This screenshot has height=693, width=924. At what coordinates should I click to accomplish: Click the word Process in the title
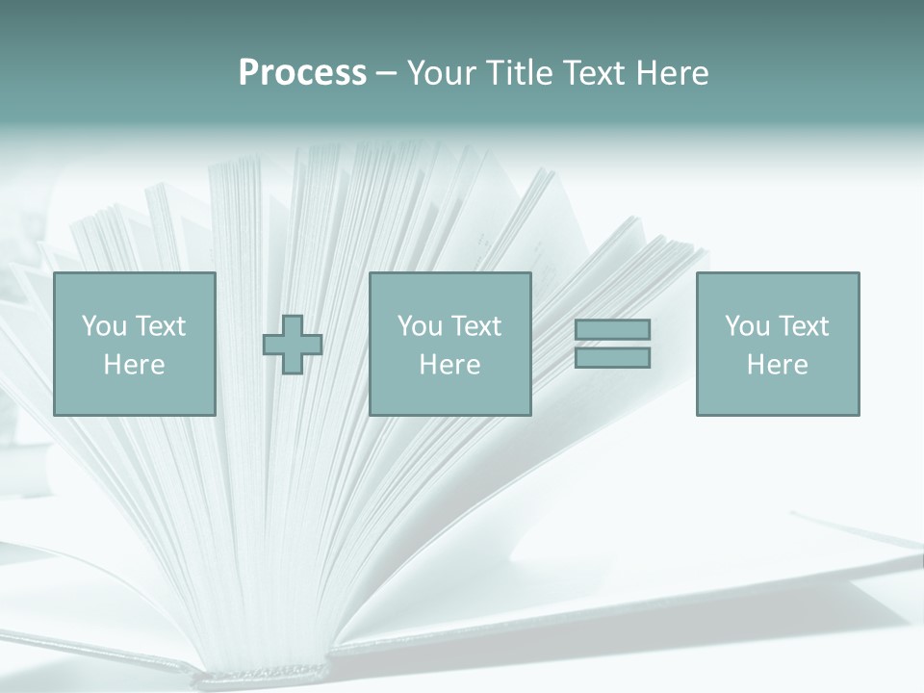click(x=302, y=73)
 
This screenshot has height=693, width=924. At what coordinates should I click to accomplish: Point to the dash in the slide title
click(x=386, y=74)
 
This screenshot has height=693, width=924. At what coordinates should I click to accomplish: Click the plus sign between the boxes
click(x=293, y=345)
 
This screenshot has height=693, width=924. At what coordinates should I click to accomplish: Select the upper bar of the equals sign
click(x=612, y=329)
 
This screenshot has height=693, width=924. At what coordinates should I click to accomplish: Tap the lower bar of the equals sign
click(x=612, y=358)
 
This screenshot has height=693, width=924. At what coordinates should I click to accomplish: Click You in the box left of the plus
click(x=104, y=326)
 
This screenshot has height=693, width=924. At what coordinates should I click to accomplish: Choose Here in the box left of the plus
click(x=134, y=365)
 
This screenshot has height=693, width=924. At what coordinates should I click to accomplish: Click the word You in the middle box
click(x=420, y=326)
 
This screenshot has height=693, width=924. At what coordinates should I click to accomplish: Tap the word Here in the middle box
click(x=449, y=365)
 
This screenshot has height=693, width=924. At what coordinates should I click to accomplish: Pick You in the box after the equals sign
click(x=747, y=326)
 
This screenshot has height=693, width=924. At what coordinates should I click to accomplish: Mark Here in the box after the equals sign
click(x=777, y=365)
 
